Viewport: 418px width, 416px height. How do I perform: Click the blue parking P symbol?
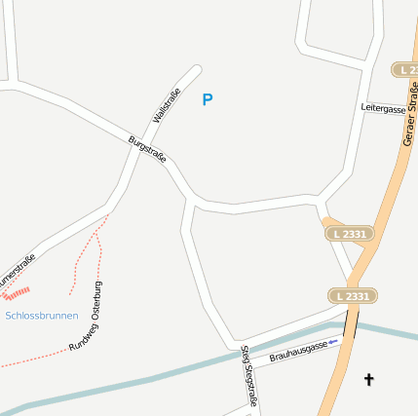click(x=207, y=99)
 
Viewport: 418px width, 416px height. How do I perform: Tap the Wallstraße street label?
click(x=167, y=105)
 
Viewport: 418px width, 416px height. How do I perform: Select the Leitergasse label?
click(x=382, y=109)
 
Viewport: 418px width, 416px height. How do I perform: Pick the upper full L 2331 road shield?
click(x=349, y=234)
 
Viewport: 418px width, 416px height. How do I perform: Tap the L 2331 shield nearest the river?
click(x=351, y=296)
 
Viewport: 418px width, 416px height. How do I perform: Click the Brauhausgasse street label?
click(x=297, y=350)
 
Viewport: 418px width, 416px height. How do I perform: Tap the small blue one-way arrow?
click(x=333, y=341)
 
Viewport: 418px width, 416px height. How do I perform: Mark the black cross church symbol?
click(x=369, y=378)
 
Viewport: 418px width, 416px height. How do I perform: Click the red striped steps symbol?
click(x=17, y=291)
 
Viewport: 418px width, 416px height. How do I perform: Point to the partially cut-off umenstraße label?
click(x=17, y=272)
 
